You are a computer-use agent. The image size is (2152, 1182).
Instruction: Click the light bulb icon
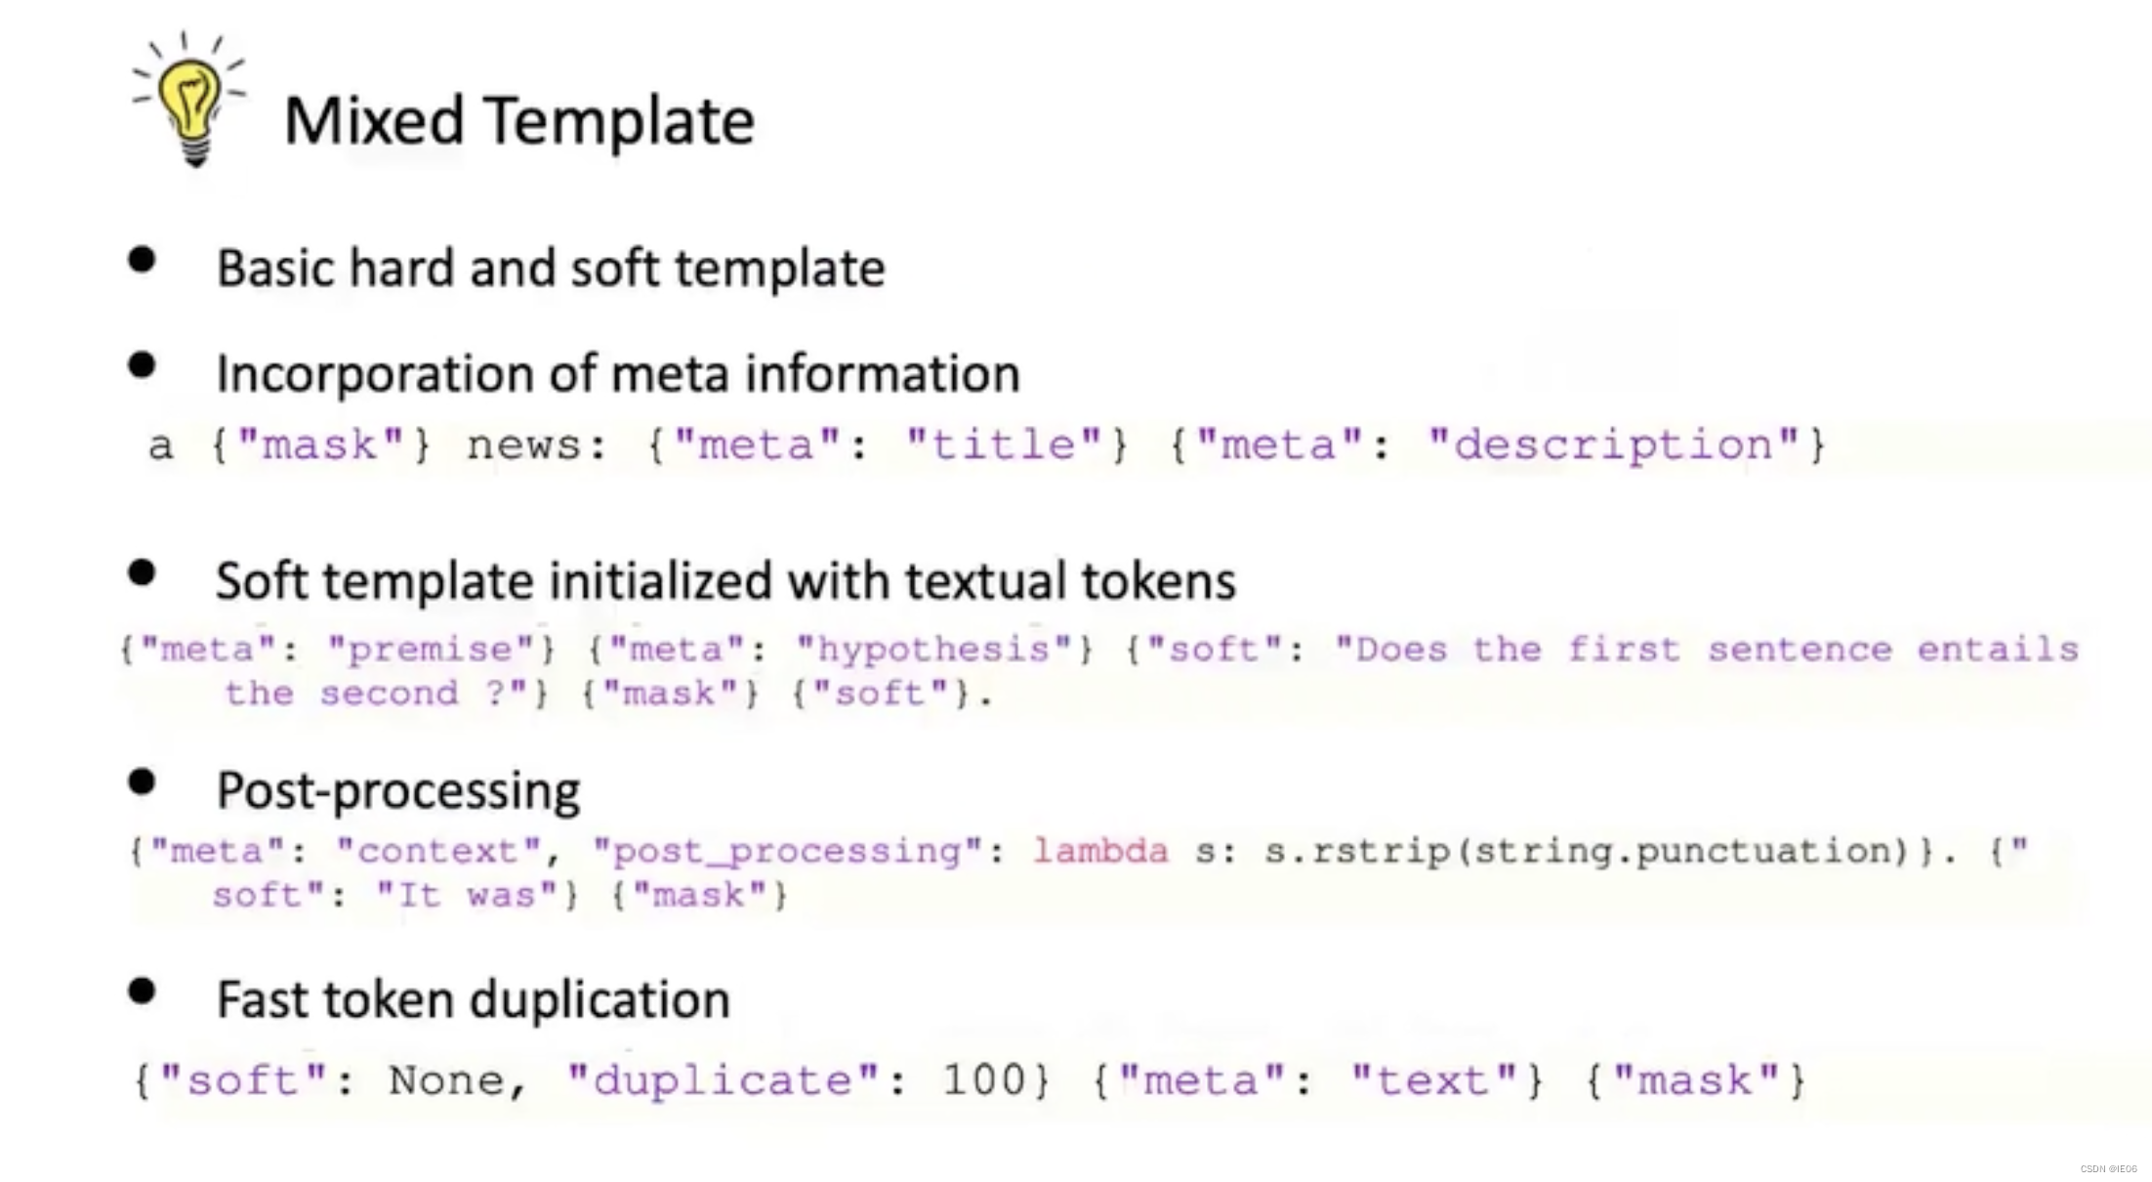tap(191, 100)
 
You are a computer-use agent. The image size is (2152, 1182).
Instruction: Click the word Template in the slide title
tap(619, 121)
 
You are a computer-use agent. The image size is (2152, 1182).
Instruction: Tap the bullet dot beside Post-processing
tap(143, 782)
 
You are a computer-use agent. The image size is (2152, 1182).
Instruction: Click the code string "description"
tap(1613, 445)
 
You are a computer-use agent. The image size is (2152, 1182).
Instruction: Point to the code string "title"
tap(1004, 445)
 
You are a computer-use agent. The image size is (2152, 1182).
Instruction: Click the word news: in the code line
tap(537, 445)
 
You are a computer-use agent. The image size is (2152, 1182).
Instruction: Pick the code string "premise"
tap(434, 650)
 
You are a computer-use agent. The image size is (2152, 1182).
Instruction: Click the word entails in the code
tap(1998, 650)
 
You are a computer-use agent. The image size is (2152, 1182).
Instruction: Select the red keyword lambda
tap(1100, 851)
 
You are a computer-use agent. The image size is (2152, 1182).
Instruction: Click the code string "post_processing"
tap(787, 851)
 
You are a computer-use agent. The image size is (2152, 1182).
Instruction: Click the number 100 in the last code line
tap(984, 1080)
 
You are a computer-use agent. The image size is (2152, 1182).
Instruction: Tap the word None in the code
tap(447, 1080)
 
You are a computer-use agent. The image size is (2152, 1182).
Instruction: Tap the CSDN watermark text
tap(2108, 1168)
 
